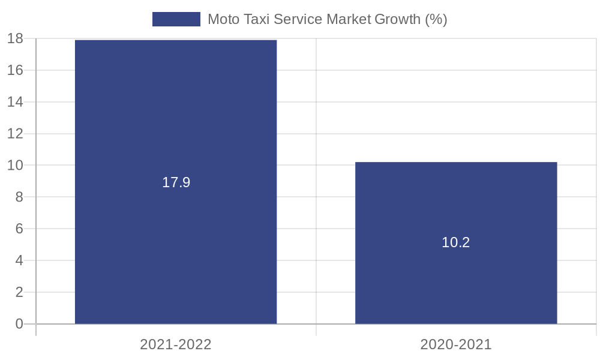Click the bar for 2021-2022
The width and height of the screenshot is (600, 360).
pos(176,120)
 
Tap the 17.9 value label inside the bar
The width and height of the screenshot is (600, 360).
pos(176,182)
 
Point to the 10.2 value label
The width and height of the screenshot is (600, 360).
pos(456,242)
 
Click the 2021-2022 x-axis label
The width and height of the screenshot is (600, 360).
pos(176,344)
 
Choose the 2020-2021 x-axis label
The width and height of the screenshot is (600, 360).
pos(456,344)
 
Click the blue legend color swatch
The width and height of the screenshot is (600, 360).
pos(176,19)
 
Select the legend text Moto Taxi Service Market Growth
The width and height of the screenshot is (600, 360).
pos(327,19)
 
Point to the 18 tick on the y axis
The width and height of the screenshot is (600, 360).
pos(15,38)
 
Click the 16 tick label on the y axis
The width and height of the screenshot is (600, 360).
pos(15,70)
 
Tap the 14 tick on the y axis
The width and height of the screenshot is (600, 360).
pos(15,102)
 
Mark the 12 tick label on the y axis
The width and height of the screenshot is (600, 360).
pos(15,134)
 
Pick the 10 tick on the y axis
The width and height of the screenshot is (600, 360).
pos(15,165)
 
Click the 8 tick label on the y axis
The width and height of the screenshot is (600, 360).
pos(19,197)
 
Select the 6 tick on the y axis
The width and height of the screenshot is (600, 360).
pos(19,229)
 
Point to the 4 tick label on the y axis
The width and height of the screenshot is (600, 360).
pos(19,260)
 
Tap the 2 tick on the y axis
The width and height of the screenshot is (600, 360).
pos(19,292)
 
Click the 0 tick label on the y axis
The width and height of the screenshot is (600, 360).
pos(19,324)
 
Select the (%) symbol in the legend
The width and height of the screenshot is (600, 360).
pos(436,19)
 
